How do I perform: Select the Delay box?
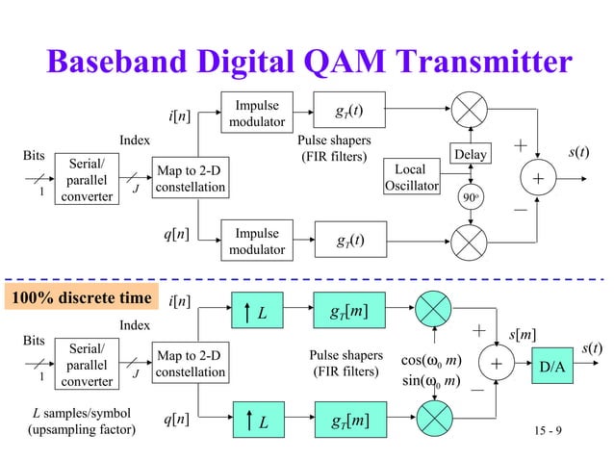pos(472,154)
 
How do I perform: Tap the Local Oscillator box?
pos(411,178)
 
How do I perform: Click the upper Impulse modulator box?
pos(257,114)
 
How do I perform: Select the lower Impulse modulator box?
pos(257,242)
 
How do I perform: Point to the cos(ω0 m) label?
pos(430,361)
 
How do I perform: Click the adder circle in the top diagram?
pos(538,180)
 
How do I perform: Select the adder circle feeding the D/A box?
pos(497,366)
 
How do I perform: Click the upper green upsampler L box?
pos(257,313)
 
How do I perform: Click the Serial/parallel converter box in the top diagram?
pos(86,180)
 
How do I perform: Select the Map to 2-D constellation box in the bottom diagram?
pos(191,364)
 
